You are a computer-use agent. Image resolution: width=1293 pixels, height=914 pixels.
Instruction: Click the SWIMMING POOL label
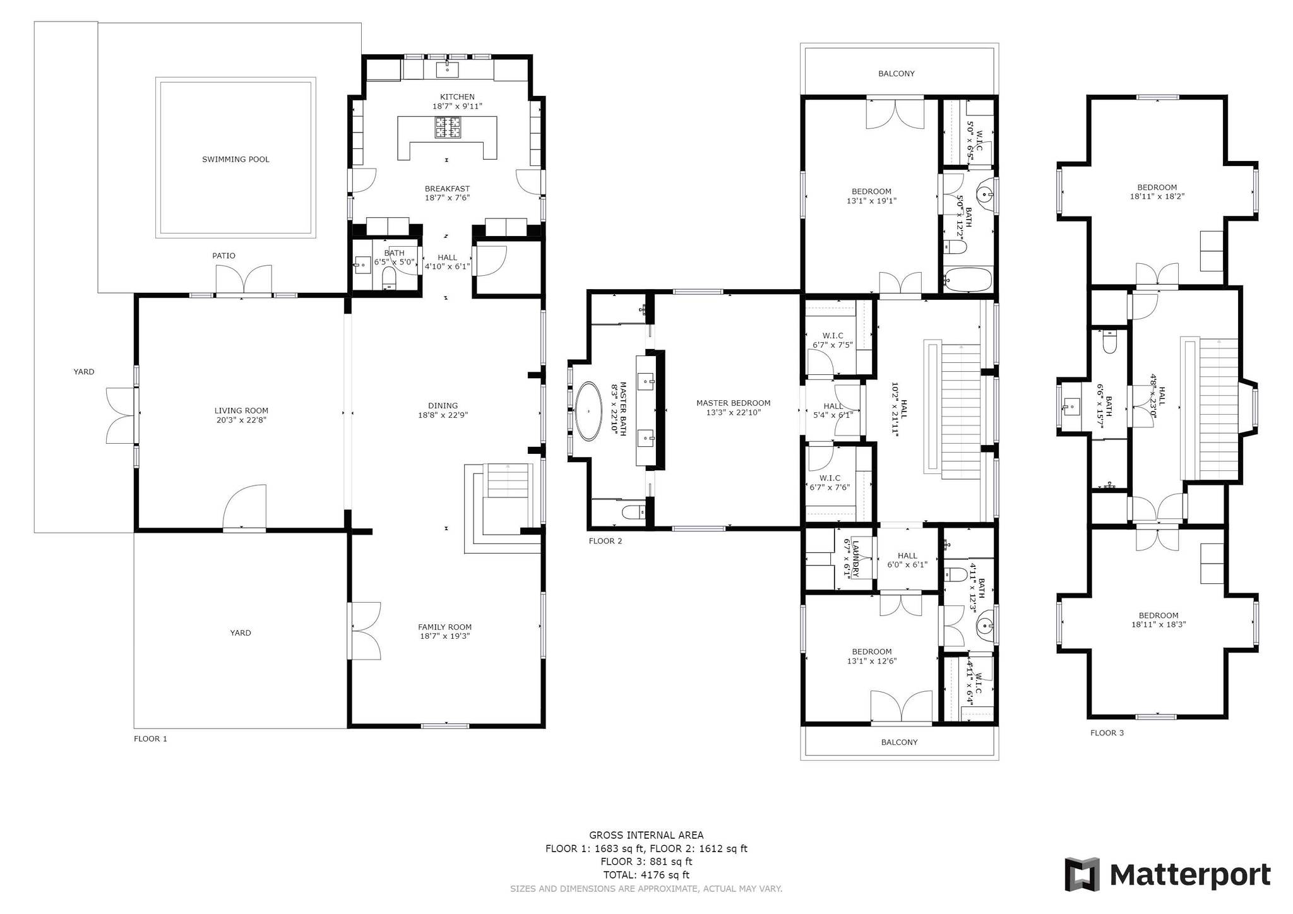(x=235, y=160)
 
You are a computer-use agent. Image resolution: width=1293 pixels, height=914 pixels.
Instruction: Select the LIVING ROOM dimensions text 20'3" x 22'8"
(x=241, y=420)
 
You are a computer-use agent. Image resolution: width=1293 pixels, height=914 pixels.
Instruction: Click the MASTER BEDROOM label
(x=733, y=403)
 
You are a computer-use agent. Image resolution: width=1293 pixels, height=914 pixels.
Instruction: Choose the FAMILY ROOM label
(x=444, y=627)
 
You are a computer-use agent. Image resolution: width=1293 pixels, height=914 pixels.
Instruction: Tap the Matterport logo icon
(x=1082, y=874)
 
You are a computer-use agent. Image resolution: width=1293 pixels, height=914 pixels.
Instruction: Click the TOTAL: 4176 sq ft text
(x=646, y=875)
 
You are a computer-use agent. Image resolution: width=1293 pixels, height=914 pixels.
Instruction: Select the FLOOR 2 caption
(x=605, y=541)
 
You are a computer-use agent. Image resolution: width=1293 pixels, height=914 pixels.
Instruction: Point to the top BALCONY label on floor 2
(x=896, y=74)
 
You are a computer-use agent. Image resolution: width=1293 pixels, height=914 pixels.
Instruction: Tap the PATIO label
(x=223, y=256)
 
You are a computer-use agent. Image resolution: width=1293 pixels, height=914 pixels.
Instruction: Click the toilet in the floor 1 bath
(x=389, y=277)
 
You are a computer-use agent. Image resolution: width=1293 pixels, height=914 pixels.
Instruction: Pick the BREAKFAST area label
(x=447, y=189)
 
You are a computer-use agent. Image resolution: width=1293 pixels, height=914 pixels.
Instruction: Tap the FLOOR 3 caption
(x=1107, y=733)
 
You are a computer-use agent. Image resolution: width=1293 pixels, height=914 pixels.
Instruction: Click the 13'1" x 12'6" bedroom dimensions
(x=871, y=661)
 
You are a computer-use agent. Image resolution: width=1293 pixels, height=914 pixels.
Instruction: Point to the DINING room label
(x=443, y=406)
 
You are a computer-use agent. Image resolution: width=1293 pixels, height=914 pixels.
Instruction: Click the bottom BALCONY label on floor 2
(x=899, y=742)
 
